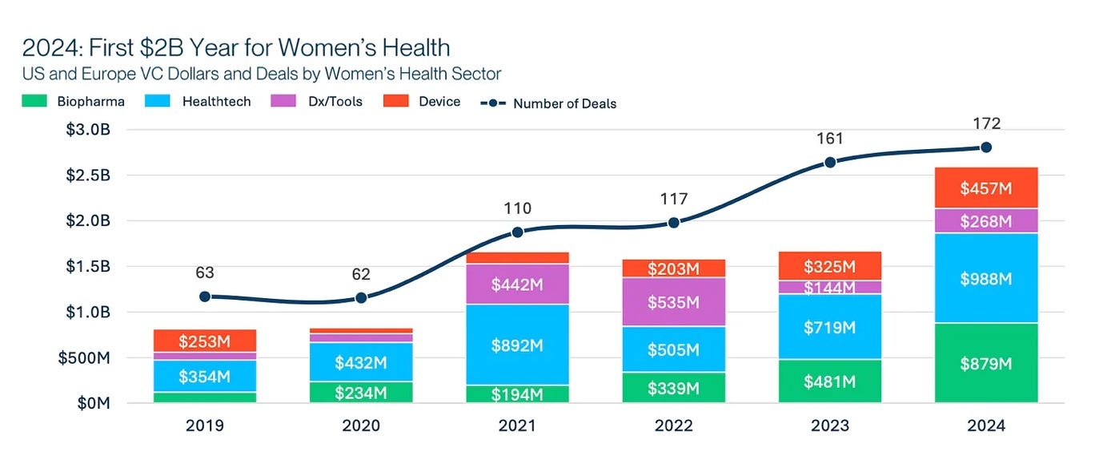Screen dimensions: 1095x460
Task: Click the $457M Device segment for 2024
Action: (986, 188)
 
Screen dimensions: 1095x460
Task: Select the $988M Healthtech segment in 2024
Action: (986, 278)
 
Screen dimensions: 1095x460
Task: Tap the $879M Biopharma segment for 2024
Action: (986, 363)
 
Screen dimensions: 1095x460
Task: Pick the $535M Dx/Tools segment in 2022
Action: (674, 302)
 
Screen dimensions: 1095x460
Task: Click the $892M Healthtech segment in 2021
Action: (517, 345)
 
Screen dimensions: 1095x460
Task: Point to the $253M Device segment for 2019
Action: (205, 341)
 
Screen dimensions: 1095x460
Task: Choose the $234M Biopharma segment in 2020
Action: (361, 393)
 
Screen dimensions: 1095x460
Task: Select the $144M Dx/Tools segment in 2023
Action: (829, 287)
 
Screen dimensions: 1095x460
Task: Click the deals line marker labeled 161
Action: (829, 163)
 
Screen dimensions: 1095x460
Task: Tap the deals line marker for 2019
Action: (205, 297)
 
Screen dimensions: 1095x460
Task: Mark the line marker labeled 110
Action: (517, 232)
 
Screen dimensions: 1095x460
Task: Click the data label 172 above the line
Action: (986, 123)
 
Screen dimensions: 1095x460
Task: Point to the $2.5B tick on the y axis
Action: (88, 176)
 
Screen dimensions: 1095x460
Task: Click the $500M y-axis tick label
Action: (84, 357)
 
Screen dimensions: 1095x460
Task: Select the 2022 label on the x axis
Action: (674, 426)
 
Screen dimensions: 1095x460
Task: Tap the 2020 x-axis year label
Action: (361, 426)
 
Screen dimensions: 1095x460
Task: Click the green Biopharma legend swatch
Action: (34, 101)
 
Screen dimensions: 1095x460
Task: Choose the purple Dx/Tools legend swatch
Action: (283, 101)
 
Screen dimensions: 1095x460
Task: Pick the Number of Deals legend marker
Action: (493, 103)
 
